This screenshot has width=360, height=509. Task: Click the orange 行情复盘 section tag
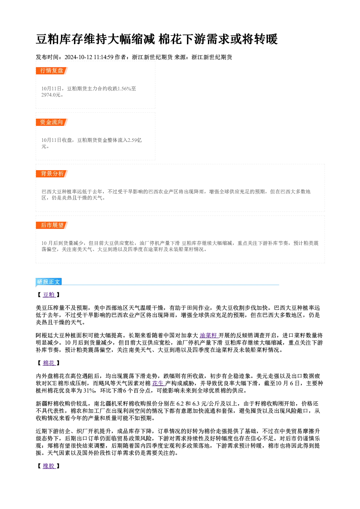[x=52, y=71]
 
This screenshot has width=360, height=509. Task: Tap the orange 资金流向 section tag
[x=52, y=122]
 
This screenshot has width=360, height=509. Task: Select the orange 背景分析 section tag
[x=52, y=174]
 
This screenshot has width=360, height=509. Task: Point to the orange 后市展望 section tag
[x=52, y=225]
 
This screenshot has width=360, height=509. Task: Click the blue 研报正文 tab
[x=48, y=282]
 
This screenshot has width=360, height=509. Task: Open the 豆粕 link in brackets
[x=49, y=295]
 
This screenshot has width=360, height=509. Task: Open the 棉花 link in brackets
[x=49, y=363]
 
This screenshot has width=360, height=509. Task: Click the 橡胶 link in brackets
[x=49, y=466]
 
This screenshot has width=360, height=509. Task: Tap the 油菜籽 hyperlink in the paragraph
[x=209, y=335]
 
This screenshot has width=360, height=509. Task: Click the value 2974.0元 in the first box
[x=51, y=95]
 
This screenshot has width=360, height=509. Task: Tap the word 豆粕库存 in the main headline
[x=60, y=39]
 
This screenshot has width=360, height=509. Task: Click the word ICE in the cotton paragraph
[x=52, y=383]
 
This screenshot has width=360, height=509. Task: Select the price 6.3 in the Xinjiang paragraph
[x=196, y=403]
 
